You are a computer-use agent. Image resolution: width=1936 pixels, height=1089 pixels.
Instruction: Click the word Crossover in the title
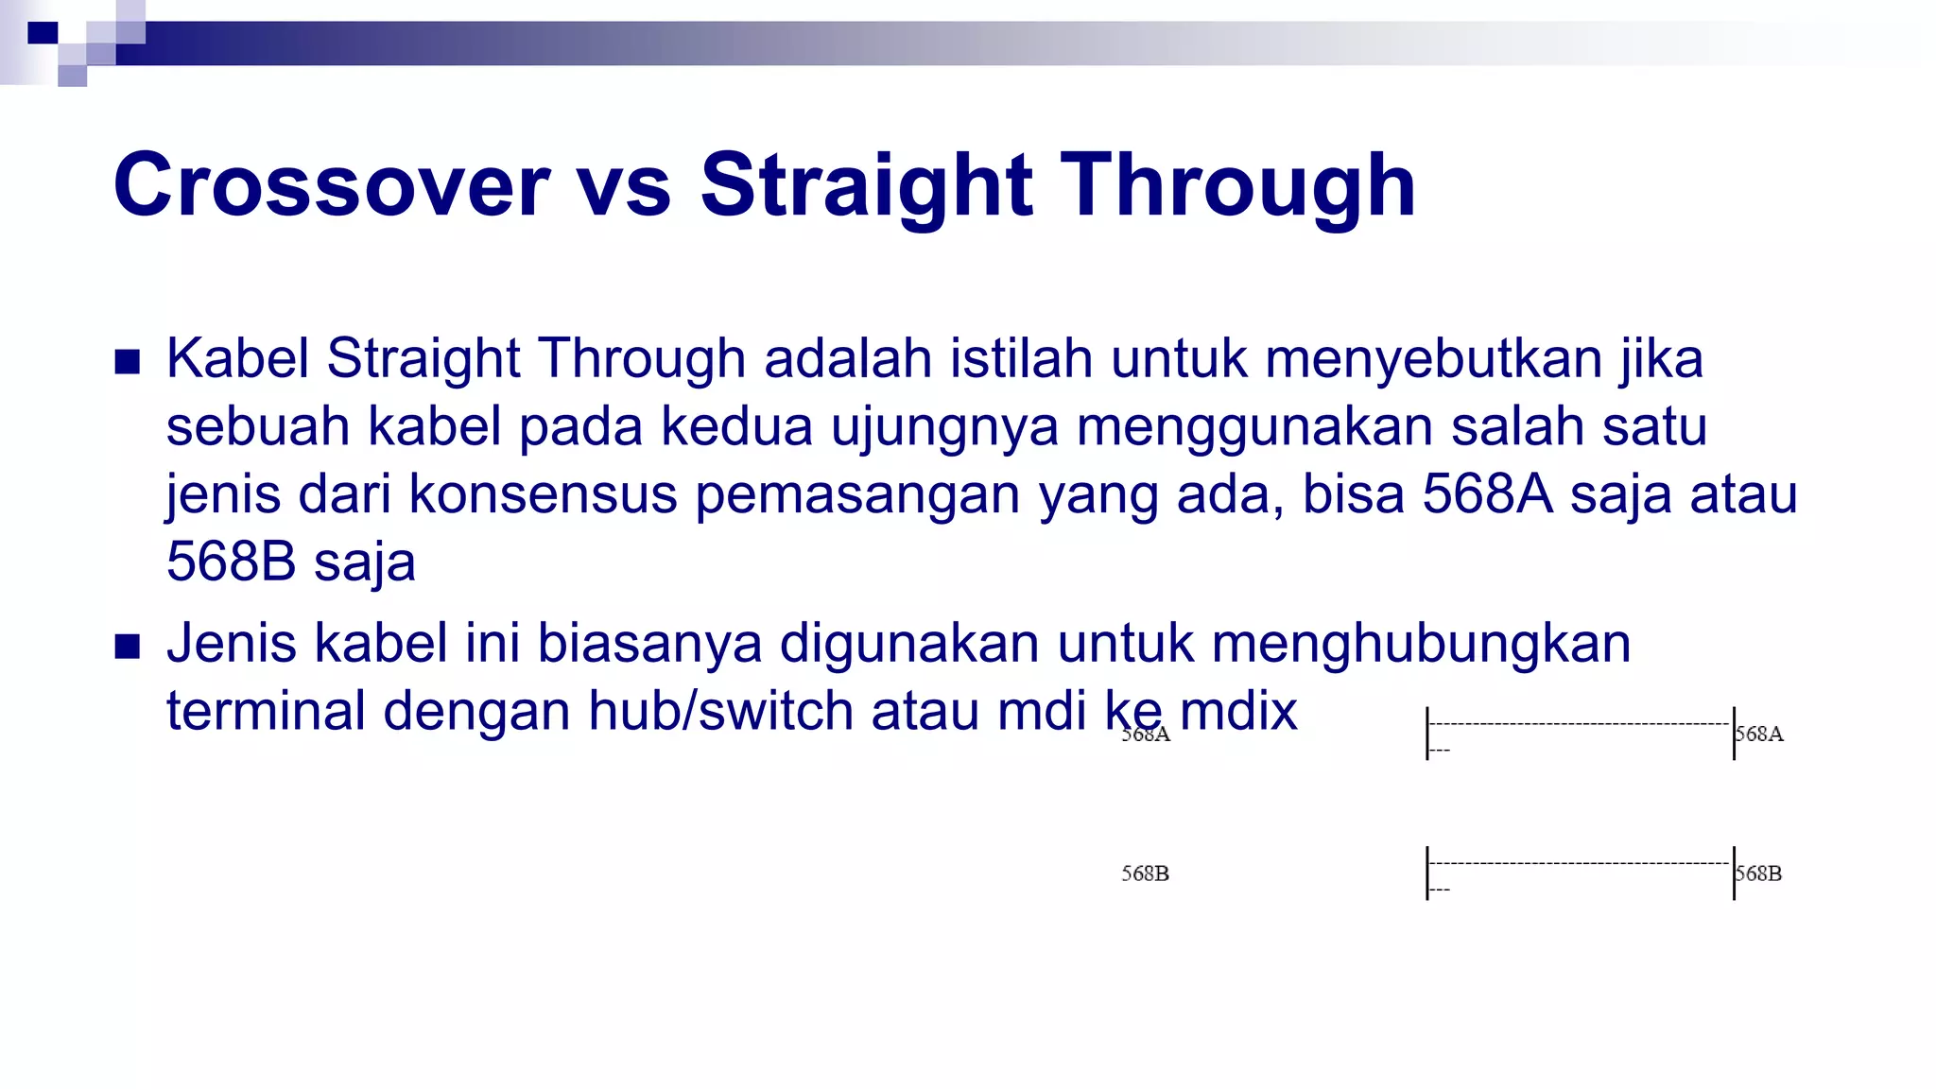tap(331, 185)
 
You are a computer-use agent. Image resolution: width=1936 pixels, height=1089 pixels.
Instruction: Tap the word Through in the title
tap(1238, 185)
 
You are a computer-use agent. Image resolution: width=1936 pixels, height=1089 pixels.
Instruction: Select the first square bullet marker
tap(128, 362)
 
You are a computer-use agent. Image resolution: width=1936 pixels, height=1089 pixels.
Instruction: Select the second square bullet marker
tap(128, 647)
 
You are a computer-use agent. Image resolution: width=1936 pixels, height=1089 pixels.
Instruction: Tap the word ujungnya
tap(944, 426)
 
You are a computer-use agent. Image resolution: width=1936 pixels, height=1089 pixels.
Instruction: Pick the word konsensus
tap(543, 494)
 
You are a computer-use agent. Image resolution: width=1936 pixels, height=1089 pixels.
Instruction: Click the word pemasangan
tap(857, 494)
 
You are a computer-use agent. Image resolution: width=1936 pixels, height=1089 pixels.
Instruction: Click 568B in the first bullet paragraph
tap(231, 562)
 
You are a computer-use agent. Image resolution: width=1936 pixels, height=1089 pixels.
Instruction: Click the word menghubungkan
tap(1421, 644)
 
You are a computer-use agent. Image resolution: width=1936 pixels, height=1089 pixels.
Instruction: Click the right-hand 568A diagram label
tap(1759, 734)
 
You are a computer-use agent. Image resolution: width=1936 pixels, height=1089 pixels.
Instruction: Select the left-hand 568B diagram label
tap(1145, 873)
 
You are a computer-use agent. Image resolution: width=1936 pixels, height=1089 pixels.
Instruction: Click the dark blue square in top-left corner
tap(43, 33)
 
